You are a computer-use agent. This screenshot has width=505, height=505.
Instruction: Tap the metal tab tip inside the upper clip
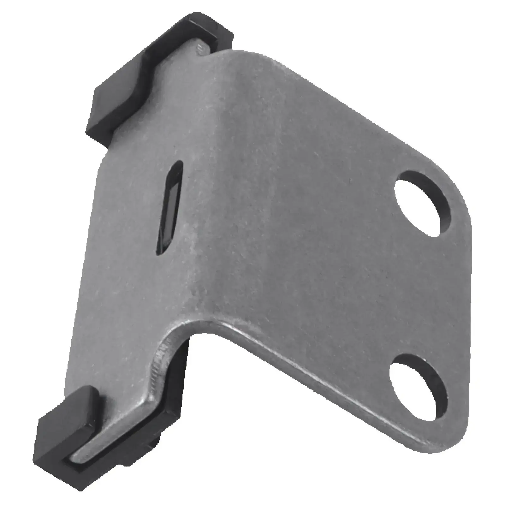click(202, 47)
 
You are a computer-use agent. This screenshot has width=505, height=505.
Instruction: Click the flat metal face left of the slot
click(126, 221)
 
